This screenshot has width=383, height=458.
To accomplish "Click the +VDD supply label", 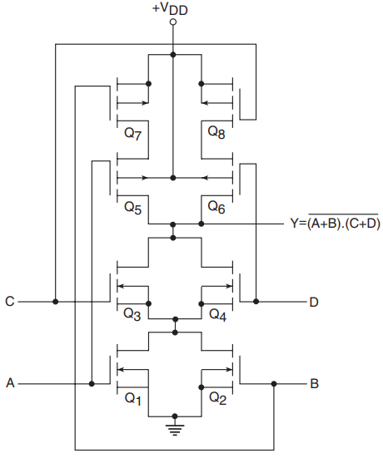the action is [170, 8].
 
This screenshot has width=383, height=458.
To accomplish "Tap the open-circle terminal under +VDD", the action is [173, 22].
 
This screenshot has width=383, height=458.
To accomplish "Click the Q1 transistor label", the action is [133, 399].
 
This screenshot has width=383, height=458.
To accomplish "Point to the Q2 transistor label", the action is [217, 398].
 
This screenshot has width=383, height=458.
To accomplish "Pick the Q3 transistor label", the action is [132, 314].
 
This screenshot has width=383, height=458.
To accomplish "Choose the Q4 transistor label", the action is [217, 315].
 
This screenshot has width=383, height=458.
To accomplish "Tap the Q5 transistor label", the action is [133, 208].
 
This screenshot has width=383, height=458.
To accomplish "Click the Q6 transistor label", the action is [216, 207].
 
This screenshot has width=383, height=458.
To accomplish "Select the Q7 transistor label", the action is [133, 134].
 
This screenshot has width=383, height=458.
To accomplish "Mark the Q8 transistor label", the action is [216, 132].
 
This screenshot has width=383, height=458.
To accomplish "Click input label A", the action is [10, 383].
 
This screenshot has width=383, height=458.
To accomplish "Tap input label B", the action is [314, 383].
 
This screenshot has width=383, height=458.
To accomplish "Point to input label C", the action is [10, 302].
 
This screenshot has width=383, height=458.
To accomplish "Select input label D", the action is [314, 302].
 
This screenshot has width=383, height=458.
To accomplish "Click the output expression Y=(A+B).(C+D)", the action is [336, 223].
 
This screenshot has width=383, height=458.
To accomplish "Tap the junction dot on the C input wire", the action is [56, 302].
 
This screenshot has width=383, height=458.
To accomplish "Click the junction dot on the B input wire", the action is [274, 383].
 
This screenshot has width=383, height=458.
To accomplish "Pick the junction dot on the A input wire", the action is [92, 383].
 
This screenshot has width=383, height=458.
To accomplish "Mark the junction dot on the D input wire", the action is [256, 302].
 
